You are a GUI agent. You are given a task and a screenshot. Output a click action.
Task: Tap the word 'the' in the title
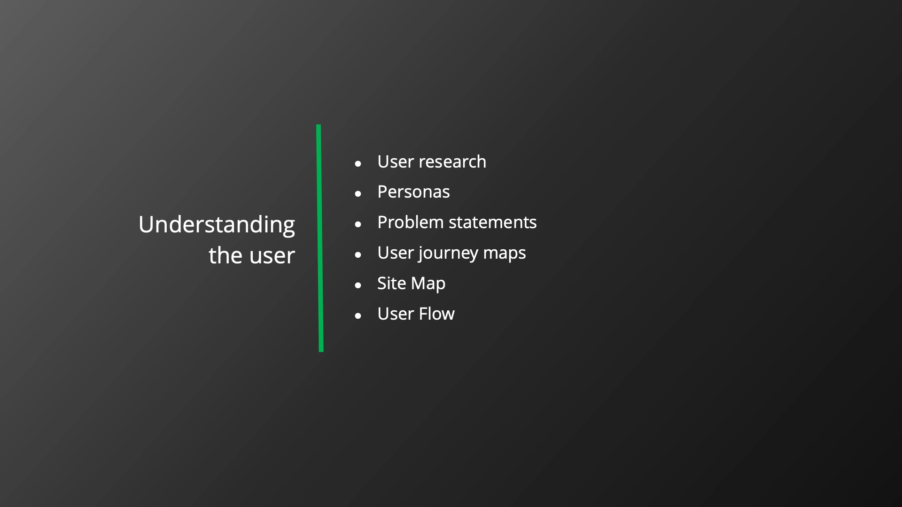[x=226, y=255]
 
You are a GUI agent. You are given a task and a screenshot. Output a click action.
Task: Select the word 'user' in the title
[x=272, y=257]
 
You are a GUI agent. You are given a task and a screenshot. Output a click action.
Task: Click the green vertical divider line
[x=320, y=238]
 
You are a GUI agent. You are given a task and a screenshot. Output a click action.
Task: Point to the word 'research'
[x=452, y=161]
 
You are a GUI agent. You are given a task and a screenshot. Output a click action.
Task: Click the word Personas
[x=413, y=192]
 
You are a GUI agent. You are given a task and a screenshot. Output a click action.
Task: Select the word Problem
[x=410, y=222]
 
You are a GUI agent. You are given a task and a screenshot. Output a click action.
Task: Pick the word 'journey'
[x=448, y=253]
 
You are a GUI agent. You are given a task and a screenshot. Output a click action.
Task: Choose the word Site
[x=391, y=283]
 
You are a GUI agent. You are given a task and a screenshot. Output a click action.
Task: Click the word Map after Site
[x=428, y=284]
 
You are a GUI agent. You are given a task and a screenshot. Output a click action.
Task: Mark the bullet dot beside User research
[x=358, y=163]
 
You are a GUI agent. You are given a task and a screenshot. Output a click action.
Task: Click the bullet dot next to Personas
[x=358, y=193]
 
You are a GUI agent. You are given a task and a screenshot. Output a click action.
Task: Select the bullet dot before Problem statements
[x=358, y=224]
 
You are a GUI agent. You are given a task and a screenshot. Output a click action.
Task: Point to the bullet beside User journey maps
[x=358, y=254]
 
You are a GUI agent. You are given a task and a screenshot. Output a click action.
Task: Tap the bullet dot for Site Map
[x=358, y=285]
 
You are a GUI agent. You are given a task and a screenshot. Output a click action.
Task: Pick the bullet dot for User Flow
[x=358, y=315]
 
